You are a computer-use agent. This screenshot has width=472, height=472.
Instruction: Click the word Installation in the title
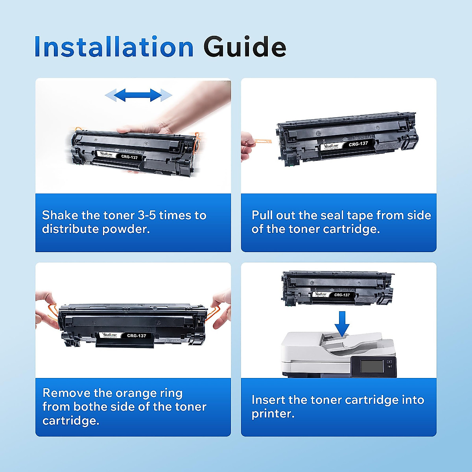point(114,47)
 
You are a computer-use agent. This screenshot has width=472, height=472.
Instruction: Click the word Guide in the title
point(245,47)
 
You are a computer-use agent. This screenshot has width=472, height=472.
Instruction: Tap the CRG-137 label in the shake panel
point(129,157)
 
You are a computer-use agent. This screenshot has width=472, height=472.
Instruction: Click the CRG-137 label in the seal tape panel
point(358,144)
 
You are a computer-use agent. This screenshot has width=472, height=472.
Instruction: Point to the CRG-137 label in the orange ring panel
point(136,336)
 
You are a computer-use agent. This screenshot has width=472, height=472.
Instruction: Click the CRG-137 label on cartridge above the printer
point(342,295)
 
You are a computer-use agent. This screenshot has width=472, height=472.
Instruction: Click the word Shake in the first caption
point(60,215)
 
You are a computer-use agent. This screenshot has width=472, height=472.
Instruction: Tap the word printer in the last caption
point(272,414)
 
